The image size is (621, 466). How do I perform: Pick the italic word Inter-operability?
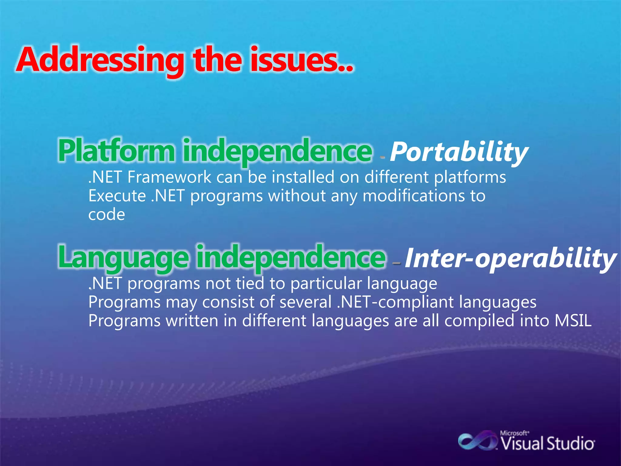coord(510,258)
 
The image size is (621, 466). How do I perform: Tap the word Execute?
coord(117,196)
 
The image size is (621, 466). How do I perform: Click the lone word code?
coord(106,215)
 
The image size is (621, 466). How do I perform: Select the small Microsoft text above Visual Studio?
coord(514,433)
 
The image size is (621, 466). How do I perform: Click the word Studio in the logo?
coord(570,444)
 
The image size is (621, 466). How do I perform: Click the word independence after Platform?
coord(277,151)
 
